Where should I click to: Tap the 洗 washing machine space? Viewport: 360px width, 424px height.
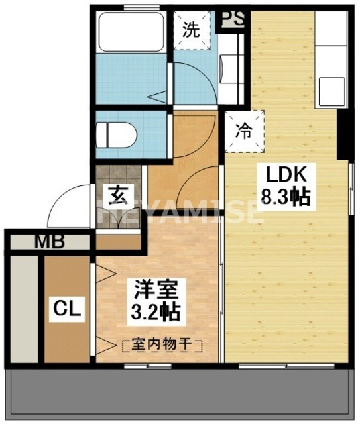tap(191, 30)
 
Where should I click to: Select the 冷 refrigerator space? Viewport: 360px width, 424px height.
tap(245, 130)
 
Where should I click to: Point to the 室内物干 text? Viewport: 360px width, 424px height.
tap(162, 344)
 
